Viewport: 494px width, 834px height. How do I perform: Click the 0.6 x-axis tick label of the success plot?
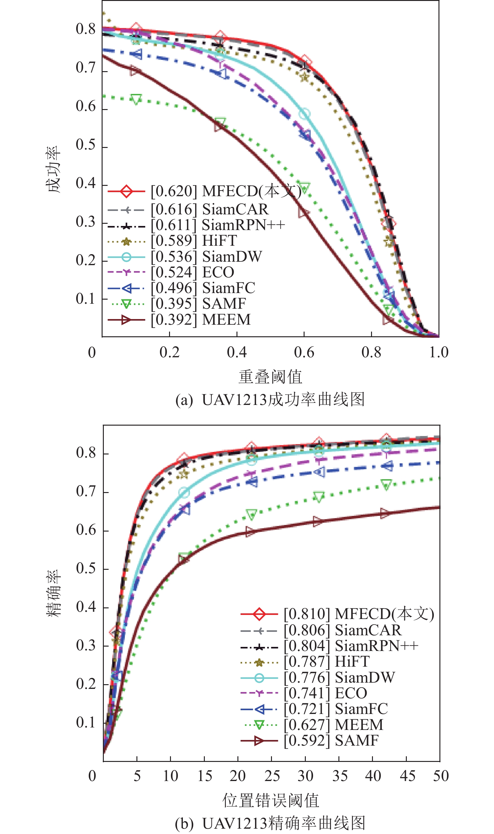[x=304, y=353]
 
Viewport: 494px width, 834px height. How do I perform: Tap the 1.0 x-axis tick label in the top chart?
[x=438, y=353]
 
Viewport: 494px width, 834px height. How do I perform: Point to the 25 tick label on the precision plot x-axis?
[x=272, y=776]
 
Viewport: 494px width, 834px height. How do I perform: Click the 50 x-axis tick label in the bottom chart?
[x=441, y=776]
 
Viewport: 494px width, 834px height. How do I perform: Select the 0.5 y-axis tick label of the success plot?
[x=86, y=145]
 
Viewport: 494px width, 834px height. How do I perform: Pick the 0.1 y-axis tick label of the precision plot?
[x=86, y=723]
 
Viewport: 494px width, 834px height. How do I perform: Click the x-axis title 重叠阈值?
[x=270, y=377]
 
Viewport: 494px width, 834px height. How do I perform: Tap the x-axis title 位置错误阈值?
[x=271, y=800]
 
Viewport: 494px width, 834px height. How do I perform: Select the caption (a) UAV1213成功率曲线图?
[x=270, y=399]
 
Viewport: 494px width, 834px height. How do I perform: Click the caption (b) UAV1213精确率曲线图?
[x=270, y=823]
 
